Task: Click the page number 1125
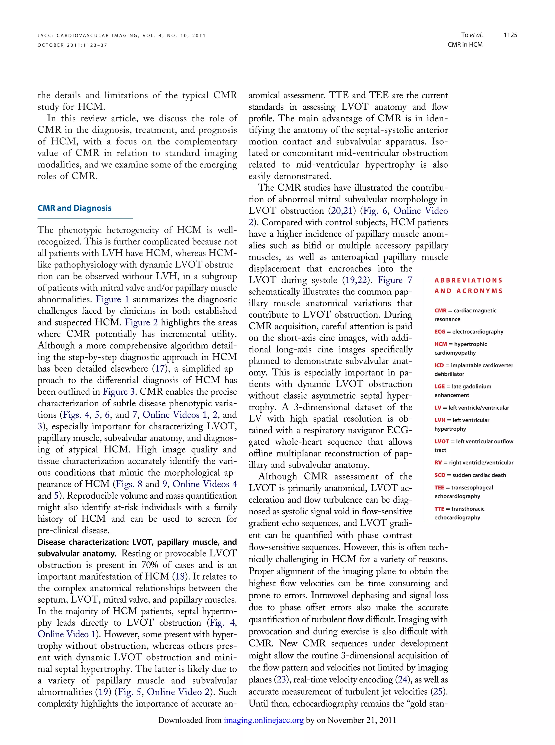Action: coord(510,35)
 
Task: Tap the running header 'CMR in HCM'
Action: coord(465,45)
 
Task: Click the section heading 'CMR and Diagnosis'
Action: coord(74,208)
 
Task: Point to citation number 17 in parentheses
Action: coord(160,369)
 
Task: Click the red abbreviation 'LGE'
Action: coord(440,386)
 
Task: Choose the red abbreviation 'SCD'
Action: coord(440,475)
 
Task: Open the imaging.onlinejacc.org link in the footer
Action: coord(264,720)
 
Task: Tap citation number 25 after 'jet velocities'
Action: coord(438,691)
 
